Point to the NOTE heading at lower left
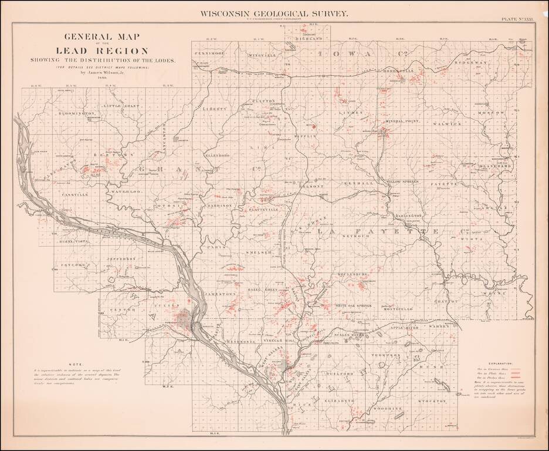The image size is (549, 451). click(77, 364)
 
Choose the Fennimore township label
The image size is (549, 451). click(210, 53)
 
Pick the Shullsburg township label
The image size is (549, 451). click(353, 274)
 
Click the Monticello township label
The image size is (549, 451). click(401, 308)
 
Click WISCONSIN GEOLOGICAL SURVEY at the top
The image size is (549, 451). click(274, 12)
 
